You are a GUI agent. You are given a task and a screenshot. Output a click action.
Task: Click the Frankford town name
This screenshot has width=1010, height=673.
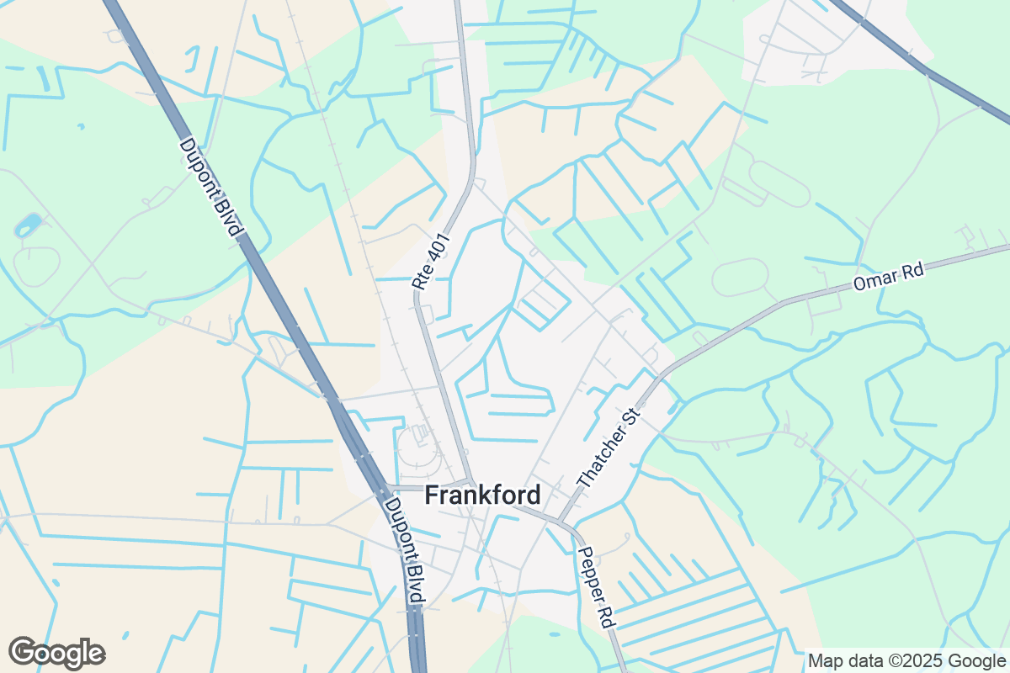482,495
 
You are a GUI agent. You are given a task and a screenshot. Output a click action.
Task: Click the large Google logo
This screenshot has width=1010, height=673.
56,653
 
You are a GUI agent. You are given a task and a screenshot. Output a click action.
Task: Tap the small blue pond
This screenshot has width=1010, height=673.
28,225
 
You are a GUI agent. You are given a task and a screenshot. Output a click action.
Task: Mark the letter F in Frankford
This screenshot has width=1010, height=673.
432,495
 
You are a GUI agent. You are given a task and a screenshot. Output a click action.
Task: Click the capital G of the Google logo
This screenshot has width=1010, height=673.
24,652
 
